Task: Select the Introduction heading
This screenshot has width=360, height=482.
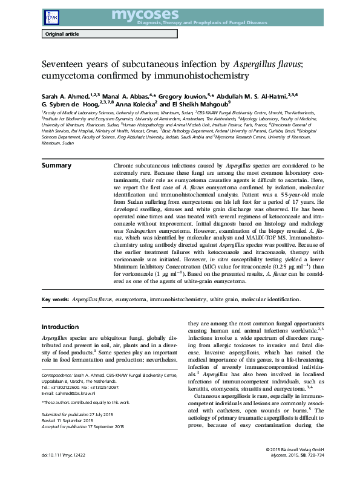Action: click(64, 326)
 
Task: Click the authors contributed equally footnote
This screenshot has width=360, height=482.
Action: click(85, 402)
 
